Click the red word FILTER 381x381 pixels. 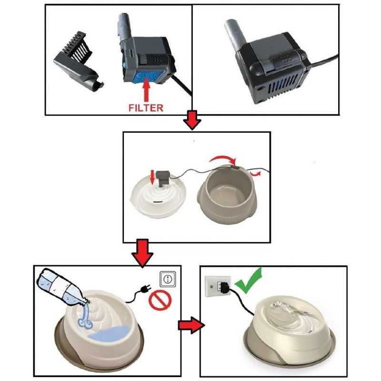tap(146, 108)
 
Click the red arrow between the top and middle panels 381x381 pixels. tap(192, 120)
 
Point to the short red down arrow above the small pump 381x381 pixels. tap(152, 177)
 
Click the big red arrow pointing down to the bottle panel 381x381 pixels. tap(142, 253)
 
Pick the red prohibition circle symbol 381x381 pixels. tap(160, 301)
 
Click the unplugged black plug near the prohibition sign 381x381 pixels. tap(145, 289)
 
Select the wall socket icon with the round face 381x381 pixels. tap(168, 279)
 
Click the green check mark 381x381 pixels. tap(249, 281)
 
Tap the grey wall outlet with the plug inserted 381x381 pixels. tap(218, 286)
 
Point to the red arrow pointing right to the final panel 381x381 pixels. tap(191, 325)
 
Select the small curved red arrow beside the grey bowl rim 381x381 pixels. tap(255, 173)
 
